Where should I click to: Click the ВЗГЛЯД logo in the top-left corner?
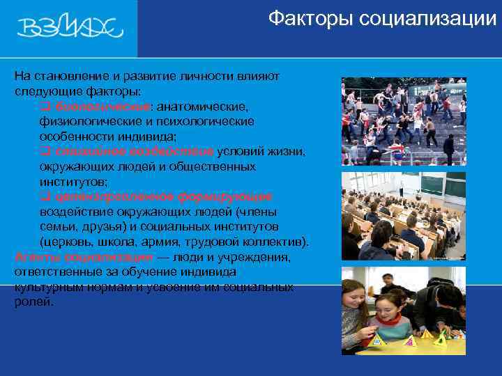pos(70,29)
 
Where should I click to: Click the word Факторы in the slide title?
pos(312,18)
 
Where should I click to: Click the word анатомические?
pos(201,107)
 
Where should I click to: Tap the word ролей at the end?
pos(32,302)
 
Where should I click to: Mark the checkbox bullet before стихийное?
pos(45,152)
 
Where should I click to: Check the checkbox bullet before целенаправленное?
pos(45,198)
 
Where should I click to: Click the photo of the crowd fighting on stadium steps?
pos(403,121)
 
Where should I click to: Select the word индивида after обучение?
pos(206,272)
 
